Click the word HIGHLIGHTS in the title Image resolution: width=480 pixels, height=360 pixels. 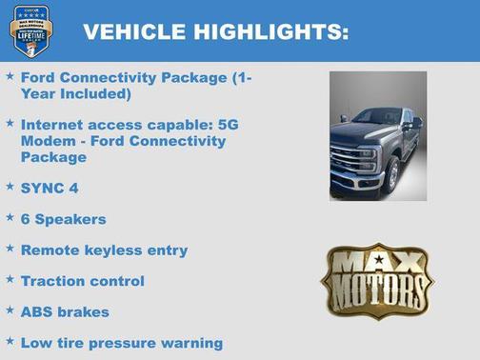click(x=269, y=32)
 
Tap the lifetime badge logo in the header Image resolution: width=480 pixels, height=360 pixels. click(x=30, y=30)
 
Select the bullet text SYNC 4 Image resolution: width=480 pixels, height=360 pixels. click(x=50, y=188)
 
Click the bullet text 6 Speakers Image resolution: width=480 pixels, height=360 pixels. click(x=63, y=219)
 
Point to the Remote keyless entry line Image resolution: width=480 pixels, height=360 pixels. click(x=104, y=250)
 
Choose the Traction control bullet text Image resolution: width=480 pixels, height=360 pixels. click(x=82, y=281)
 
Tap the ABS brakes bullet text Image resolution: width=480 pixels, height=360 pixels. click(x=65, y=311)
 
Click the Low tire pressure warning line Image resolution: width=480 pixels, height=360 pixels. click(x=121, y=342)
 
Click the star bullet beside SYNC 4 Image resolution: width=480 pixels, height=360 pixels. click(x=10, y=187)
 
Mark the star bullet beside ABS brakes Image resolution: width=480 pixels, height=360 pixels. click(x=10, y=310)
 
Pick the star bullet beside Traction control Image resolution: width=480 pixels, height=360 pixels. click(x=10, y=280)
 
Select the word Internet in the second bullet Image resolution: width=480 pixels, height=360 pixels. click(x=51, y=125)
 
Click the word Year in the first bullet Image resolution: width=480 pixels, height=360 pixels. click(x=43, y=94)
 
